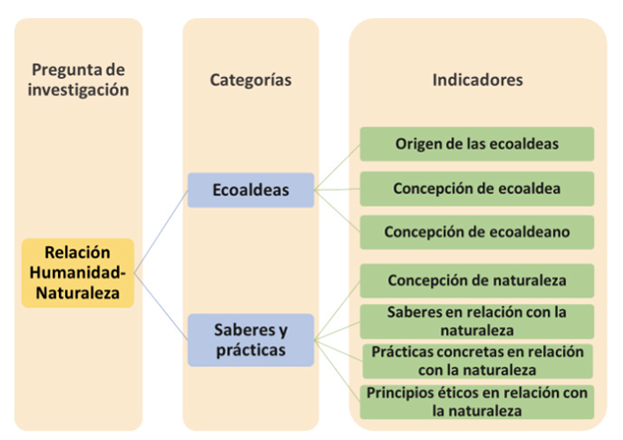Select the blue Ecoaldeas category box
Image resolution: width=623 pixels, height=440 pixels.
point(251,190)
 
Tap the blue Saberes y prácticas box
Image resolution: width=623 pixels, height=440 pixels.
point(251,338)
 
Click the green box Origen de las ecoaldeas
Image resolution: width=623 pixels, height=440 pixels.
point(476,144)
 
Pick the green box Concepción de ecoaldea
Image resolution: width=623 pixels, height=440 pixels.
point(476,188)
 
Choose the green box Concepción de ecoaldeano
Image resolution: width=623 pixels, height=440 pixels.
point(476,231)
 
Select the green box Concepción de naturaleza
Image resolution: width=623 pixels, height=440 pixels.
point(476,279)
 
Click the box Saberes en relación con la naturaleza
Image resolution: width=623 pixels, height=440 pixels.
point(476,320)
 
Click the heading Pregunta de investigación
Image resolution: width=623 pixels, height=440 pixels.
point(80,79)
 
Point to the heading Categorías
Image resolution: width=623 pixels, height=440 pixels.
point(251,79)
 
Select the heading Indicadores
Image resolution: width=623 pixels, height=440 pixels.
point(477,79)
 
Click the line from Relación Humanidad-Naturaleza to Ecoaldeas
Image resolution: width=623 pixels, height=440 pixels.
point(161,231)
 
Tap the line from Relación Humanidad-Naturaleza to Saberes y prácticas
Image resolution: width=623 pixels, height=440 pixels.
point(161,304)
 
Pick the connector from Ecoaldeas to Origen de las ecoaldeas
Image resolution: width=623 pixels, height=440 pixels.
point(337,166)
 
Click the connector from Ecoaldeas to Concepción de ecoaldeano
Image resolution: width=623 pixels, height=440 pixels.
point(337,210)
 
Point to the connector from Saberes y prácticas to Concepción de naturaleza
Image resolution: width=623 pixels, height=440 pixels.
point(337,309)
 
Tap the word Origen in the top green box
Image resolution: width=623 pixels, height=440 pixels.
point(417,144)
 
